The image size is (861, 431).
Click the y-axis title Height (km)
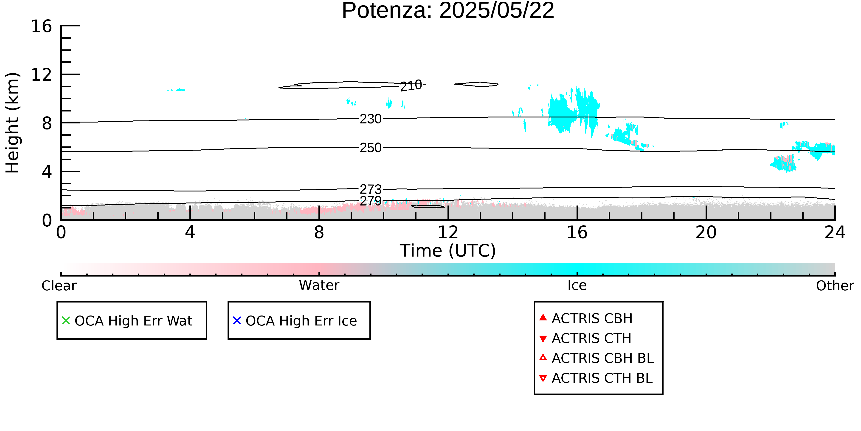coord(12,123)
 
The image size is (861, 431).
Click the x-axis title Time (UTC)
coord(448,251)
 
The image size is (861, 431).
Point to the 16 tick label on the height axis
coord(42,26)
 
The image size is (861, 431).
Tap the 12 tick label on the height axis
coord(42,75)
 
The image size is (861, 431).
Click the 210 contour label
coord(411,86)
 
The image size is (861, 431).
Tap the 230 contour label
coord(371,119)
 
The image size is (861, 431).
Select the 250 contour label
coord(371,148)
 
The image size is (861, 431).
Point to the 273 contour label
coord(371,189)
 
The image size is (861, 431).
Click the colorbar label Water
coord(319,285)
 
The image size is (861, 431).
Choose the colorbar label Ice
coord(577,285)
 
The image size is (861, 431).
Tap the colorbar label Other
coord(835,286)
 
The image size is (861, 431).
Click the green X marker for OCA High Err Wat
coord(66,321)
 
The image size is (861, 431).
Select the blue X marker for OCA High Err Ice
coord(237,321)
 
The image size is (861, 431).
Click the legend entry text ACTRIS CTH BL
coord(602,378)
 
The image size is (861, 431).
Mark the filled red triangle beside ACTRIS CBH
coord(543,317)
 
